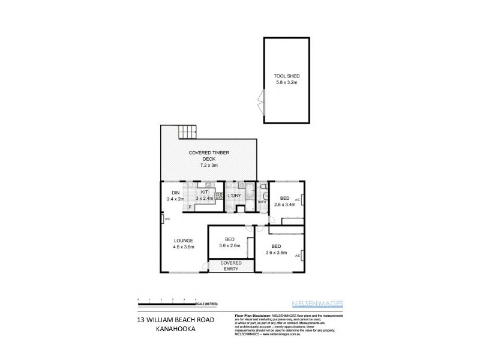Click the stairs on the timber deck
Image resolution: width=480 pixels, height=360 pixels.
[x=188, y=130]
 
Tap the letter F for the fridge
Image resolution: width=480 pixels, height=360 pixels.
[x=190, y=207]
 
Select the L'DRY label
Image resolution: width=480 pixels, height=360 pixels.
[x=235, y=196]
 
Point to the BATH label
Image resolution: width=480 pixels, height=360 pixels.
[x=262, y=202]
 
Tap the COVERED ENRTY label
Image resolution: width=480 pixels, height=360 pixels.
[x=231, y=266]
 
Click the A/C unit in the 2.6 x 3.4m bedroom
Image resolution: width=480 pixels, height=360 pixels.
[x=304, y=200]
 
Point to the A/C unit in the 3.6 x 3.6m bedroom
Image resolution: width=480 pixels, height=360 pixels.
[x=298, y=256]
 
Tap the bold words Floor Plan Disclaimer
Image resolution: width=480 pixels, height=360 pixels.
[x=251, y=314]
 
